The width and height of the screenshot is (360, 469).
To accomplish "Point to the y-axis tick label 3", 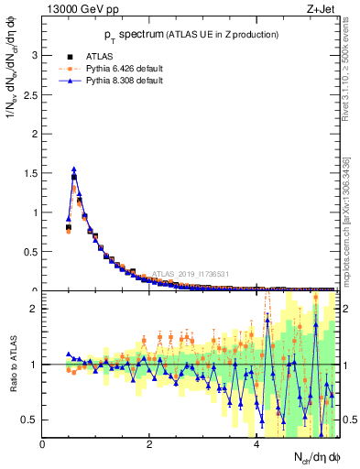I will (x=34, y=55).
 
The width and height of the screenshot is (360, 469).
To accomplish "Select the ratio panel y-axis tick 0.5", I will (x=30, y=420).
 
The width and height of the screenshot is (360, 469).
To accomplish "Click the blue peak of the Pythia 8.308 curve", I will (x=74, y=169).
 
